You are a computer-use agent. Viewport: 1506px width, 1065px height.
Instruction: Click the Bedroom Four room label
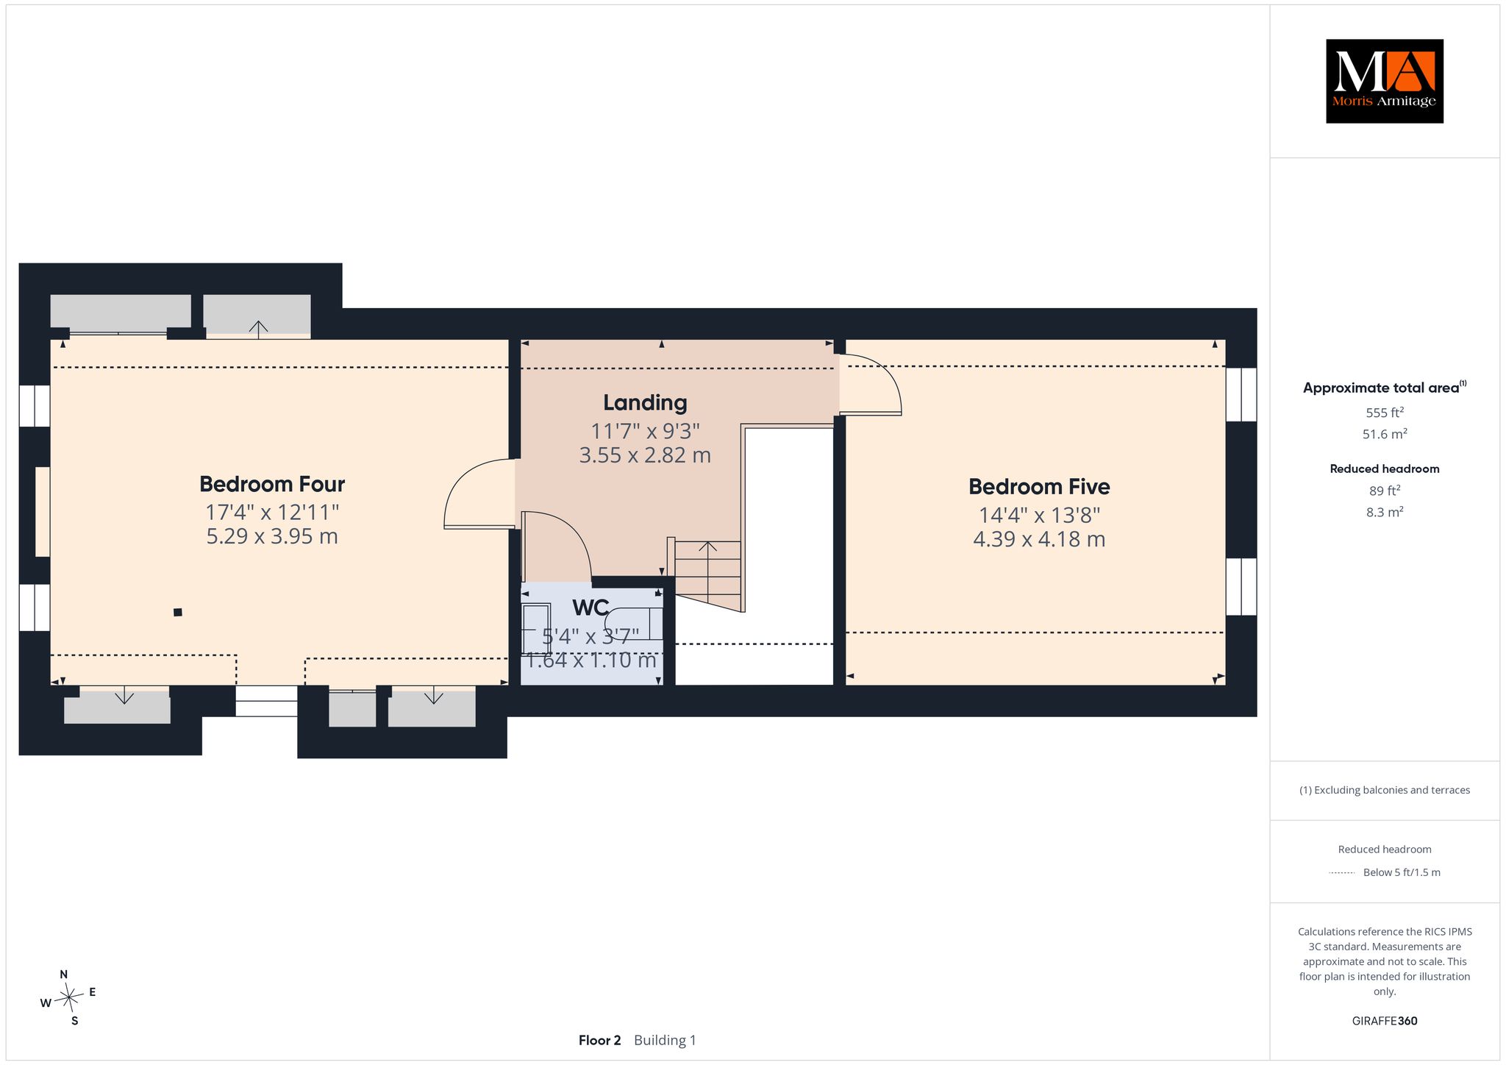(272, 484)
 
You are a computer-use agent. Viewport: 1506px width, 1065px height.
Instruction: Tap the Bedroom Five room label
(1039, 486)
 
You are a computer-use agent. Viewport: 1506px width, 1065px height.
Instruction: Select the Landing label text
(645, 403)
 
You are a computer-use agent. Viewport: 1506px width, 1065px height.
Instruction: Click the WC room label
(590, 608)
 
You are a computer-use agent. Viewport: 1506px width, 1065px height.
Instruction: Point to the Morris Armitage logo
(1385, 81)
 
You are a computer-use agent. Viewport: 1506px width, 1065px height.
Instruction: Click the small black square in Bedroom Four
(177, 612)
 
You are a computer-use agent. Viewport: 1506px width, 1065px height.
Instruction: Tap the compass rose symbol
(68, 997)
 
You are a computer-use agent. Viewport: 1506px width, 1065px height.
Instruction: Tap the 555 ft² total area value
(1385, 412)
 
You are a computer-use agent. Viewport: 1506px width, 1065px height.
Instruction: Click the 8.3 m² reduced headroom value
(1385, 512)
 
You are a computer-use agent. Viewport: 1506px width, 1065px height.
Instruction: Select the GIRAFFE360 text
(1385, 1021)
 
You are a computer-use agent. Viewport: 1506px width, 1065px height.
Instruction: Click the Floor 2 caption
(599, 1040)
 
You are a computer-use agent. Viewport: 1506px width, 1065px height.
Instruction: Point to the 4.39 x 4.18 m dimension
(1039, 539)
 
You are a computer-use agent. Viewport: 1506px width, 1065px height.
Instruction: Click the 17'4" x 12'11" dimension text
(272, 511)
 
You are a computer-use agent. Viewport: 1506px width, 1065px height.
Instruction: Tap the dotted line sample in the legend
(1342, 873)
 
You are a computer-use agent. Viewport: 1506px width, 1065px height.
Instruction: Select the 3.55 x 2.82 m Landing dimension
(645, 455)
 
